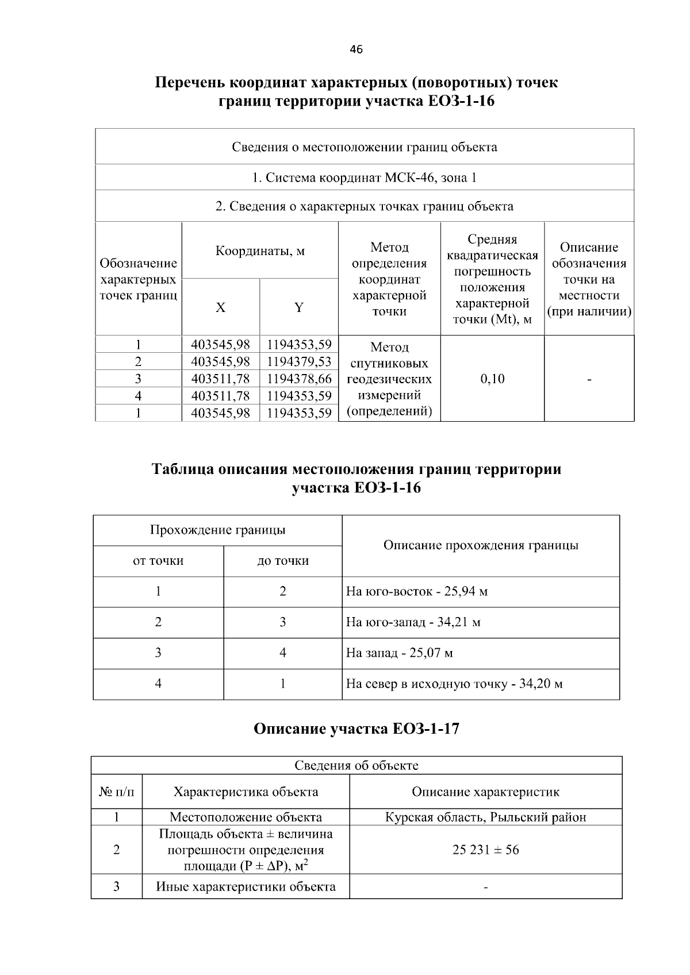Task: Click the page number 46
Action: point(356,49)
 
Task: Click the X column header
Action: point(220,307)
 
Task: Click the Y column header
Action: point(298,307)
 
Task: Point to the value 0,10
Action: point(492,379)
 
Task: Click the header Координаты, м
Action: point(260,251)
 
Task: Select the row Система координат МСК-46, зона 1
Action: point(365,178)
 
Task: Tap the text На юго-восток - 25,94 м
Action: point(417,592)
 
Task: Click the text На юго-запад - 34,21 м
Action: point(413,622)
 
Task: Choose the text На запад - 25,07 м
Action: point(400,653)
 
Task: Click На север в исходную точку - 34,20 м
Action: point(454,684)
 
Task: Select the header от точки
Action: point(158,561)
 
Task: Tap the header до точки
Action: point(283,561)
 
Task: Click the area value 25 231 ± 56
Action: point(486,850)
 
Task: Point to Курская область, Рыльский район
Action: point(486,817)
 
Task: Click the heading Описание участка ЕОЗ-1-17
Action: point(356,729)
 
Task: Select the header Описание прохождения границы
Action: point(481,545)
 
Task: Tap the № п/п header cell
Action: point(117,792)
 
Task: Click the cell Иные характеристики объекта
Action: point(246,887)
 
